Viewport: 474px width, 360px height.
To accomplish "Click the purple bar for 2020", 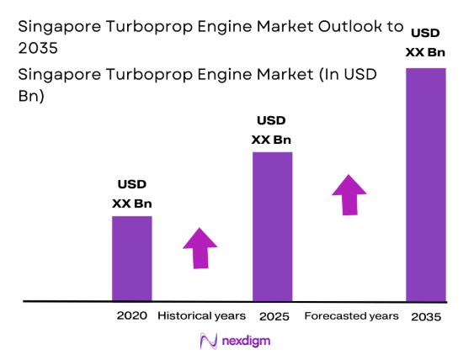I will click(132, 258).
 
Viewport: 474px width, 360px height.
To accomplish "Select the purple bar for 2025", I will click(272, 225).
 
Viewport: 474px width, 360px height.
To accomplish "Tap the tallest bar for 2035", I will click(426, 183).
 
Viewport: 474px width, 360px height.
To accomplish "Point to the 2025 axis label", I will click(274, 316).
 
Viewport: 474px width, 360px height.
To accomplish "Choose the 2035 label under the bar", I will click(426, 317).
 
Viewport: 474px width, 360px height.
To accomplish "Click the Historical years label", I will click(201, 315).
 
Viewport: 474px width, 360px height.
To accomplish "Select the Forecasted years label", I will click(351, 315).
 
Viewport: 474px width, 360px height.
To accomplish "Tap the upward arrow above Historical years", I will click(200, 247).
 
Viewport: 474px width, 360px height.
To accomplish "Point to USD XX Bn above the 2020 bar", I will click(132, 194).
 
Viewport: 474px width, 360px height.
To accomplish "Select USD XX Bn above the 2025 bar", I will click(272, 130).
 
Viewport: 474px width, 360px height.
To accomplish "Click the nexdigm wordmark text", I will click(247, 341).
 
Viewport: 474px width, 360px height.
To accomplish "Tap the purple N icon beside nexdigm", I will click(208, 341).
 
